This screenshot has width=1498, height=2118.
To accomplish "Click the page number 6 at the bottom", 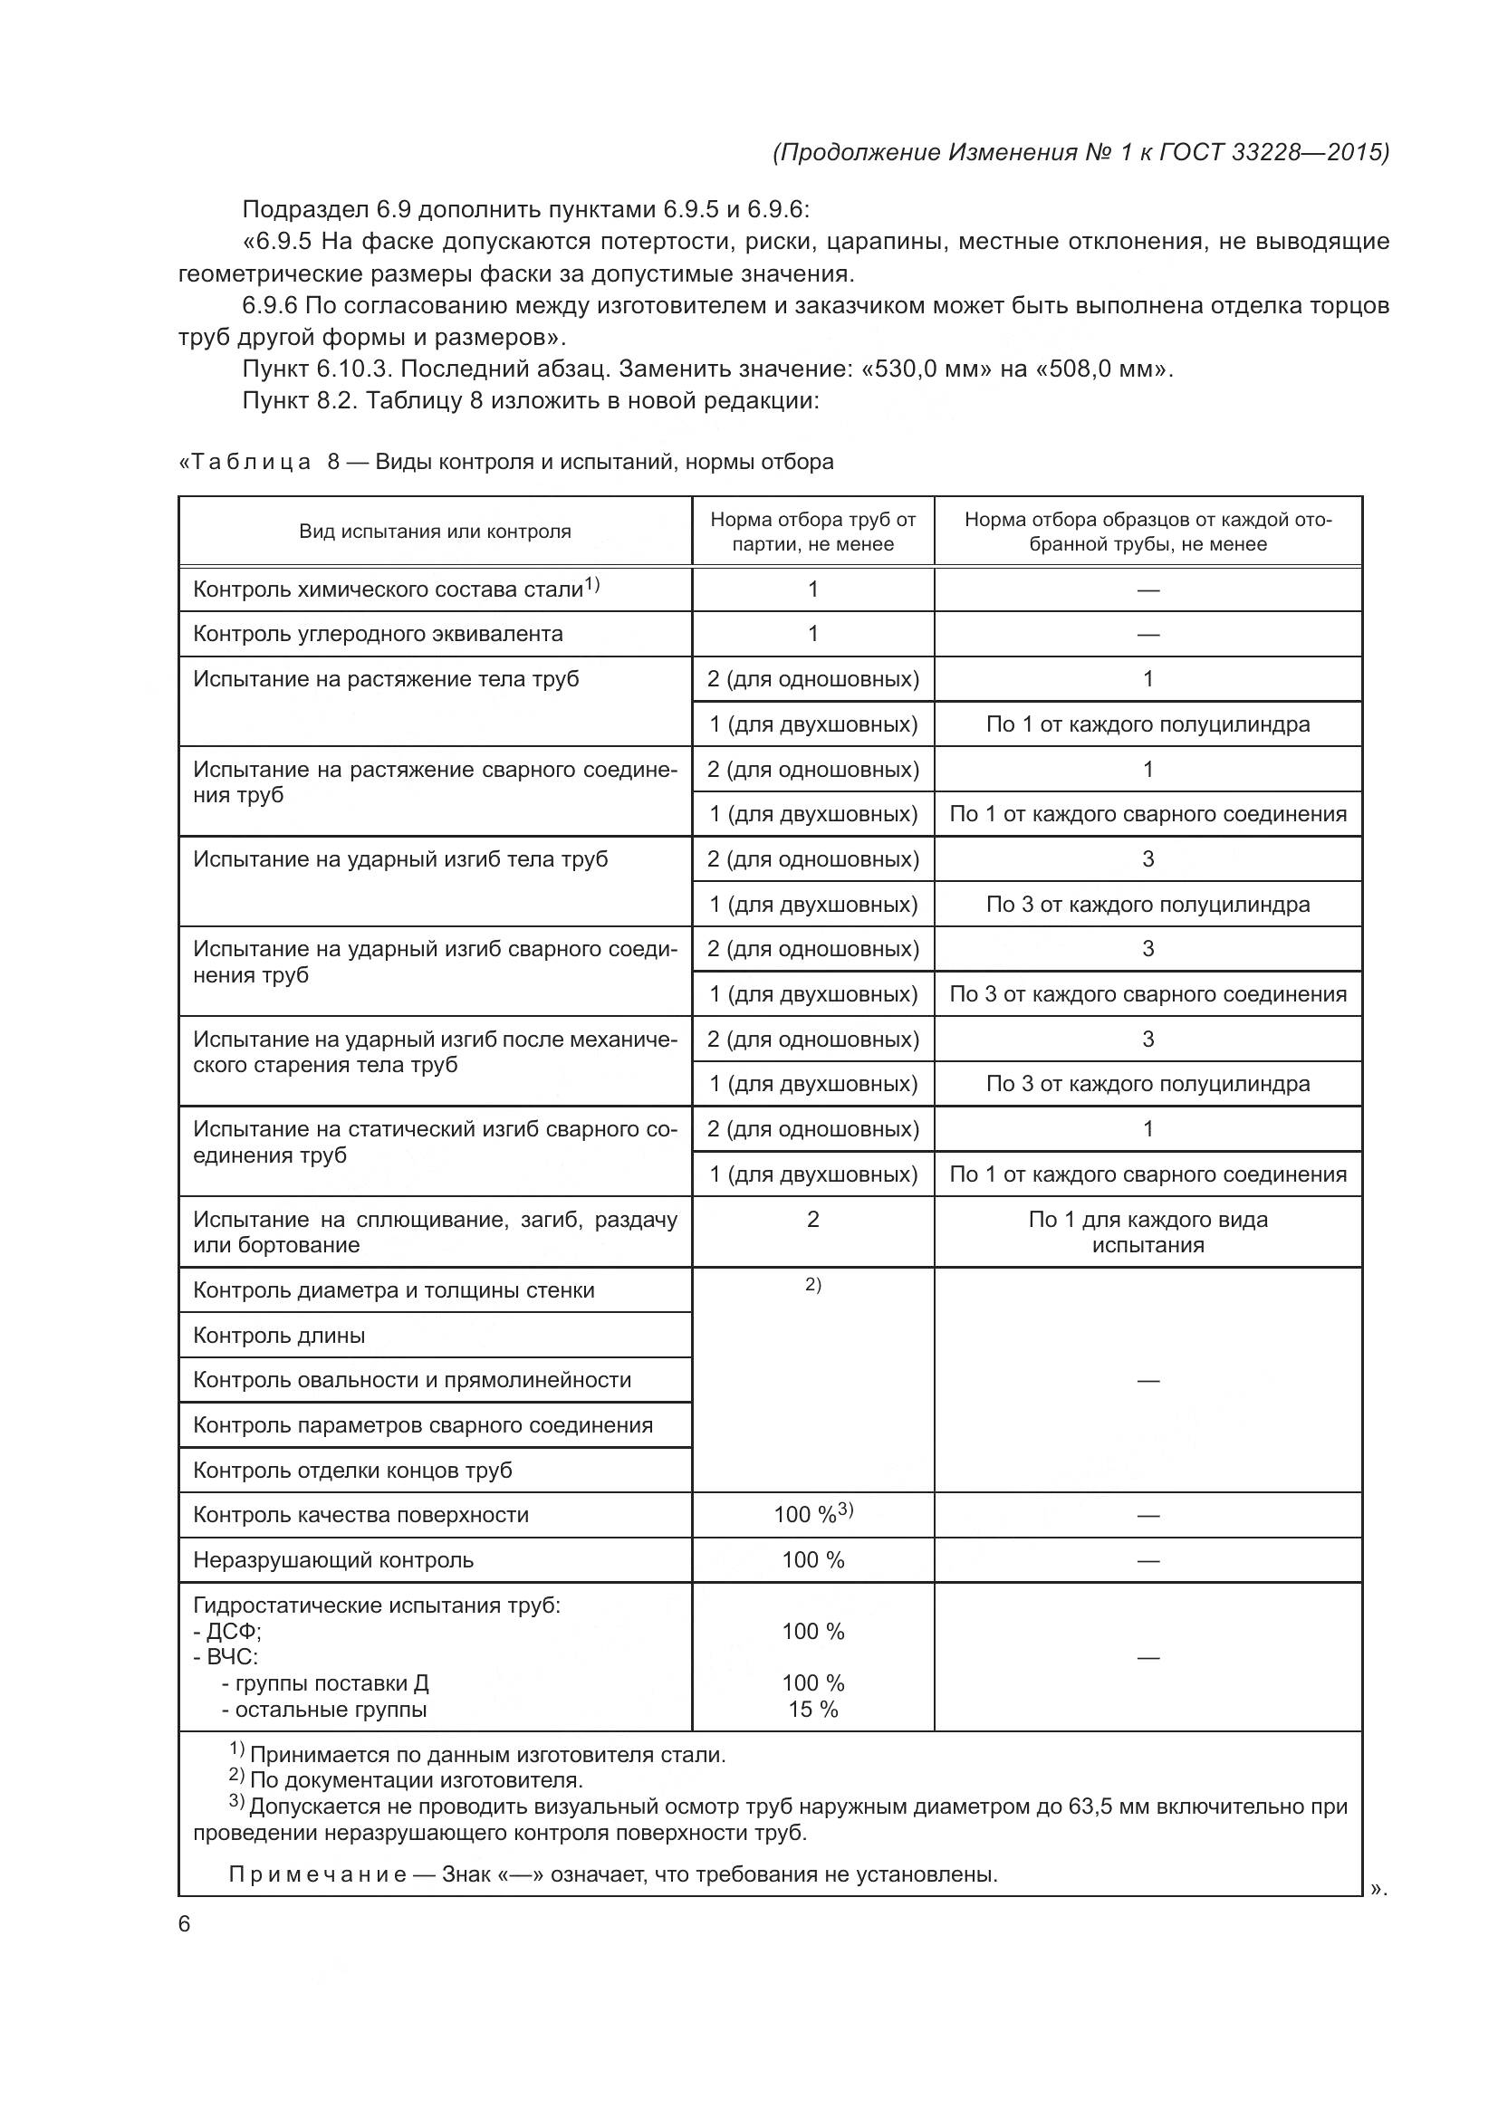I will [185, 1923].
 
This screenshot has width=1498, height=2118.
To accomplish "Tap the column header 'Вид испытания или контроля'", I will [435, 532].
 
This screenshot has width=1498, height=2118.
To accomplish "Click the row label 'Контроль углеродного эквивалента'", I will [378, 634].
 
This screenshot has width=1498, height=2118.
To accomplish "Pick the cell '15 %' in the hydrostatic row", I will [812, 1710].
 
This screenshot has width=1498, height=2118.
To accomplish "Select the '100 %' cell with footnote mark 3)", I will [812, 1515].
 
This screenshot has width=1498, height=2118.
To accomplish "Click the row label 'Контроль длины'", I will [279, 1336].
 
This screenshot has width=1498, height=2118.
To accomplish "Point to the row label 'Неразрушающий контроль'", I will [333, 1560].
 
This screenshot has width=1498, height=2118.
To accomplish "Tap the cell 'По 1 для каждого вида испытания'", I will [1148, 1232].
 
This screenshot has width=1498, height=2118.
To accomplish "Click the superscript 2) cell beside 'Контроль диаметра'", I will [812, 1285].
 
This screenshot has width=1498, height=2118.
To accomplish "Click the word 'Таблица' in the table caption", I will [250, 462].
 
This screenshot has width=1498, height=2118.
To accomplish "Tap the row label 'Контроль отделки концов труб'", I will [352, 1471].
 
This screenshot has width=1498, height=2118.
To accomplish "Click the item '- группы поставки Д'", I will [325, 1683].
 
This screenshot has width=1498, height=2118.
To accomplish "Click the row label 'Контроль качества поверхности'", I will [360, 1515].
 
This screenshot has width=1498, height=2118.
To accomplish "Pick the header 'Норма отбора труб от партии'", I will [812, 532].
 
